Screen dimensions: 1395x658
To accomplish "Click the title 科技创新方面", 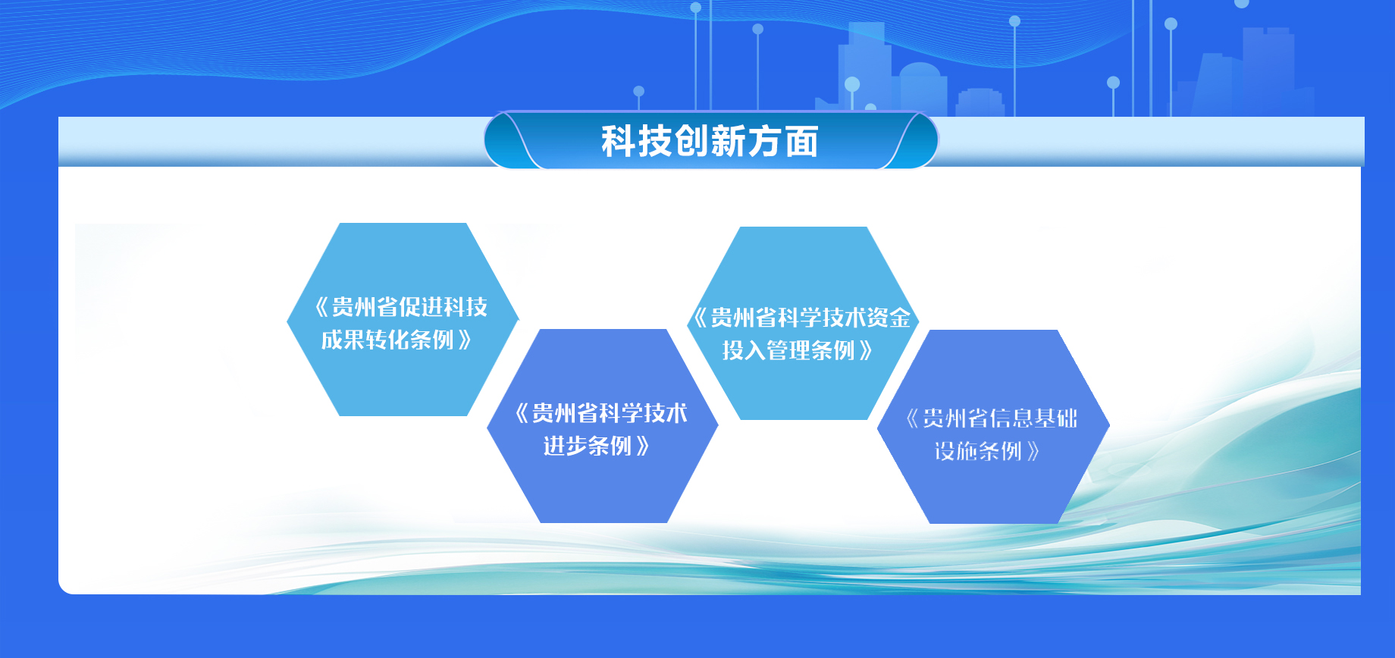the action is pyautogui.click(x=710, y=142).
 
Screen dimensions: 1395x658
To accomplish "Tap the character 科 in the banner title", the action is pyautogui.click(x=619, y=142).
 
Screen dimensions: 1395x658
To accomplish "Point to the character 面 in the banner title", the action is pyautogui.click(x=801, y=142).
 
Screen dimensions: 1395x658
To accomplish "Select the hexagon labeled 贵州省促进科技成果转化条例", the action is pyautogui.click(x=403, y=319).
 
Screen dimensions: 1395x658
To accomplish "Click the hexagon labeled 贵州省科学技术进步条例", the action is pyautogui.click(x=603, y=426).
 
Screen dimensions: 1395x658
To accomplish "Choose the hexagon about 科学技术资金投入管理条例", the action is pyautogui.click(x=803, y=323).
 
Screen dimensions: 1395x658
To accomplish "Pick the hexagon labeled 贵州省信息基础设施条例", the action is pyautogui.click(x=993, y=427).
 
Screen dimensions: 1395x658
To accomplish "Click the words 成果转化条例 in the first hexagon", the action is pyautogui.click(x=387, y=340).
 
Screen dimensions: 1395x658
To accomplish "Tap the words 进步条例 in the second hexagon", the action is pyautogui.click(x=588, y=446).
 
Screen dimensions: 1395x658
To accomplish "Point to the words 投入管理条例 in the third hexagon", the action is pyautogui.click(x=788, y=350).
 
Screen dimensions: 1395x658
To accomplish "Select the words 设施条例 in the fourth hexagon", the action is pyautogui.click(x=978, y=451).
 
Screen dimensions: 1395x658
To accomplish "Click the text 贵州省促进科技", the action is pyautogui.click(x=409, y=307).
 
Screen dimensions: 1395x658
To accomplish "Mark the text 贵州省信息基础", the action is pyautogui.click(x=1000, y=418).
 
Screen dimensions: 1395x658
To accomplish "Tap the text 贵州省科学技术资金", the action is pyautogui.click(x=810, y=318).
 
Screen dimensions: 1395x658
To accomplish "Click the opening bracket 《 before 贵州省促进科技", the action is pyautogui.click(x=321, y=307).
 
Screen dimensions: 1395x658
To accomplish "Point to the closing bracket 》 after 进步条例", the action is pyautogui.click(x=643, y=446).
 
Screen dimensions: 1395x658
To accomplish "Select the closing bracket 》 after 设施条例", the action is pyautogui.click(x=1033, y=451).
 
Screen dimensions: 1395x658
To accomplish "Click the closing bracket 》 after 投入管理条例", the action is pyautogui.click(x=866, y=350).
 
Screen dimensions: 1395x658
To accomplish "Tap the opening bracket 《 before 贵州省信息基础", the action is pyautogui.click(x=913, y=418).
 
